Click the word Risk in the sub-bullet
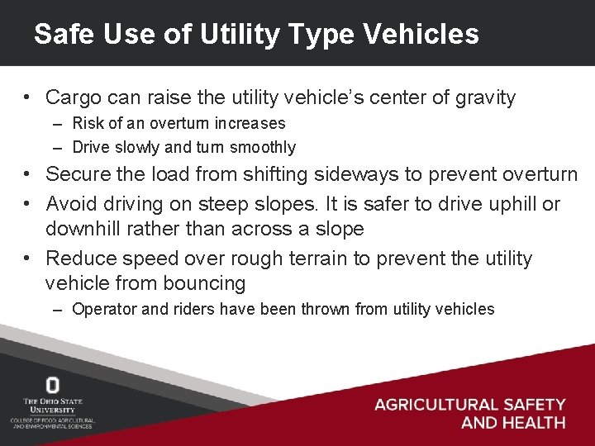[87, 124]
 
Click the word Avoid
[70, 204]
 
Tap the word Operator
[102, 310]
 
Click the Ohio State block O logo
[53, 385]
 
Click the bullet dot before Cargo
[28, 98]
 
